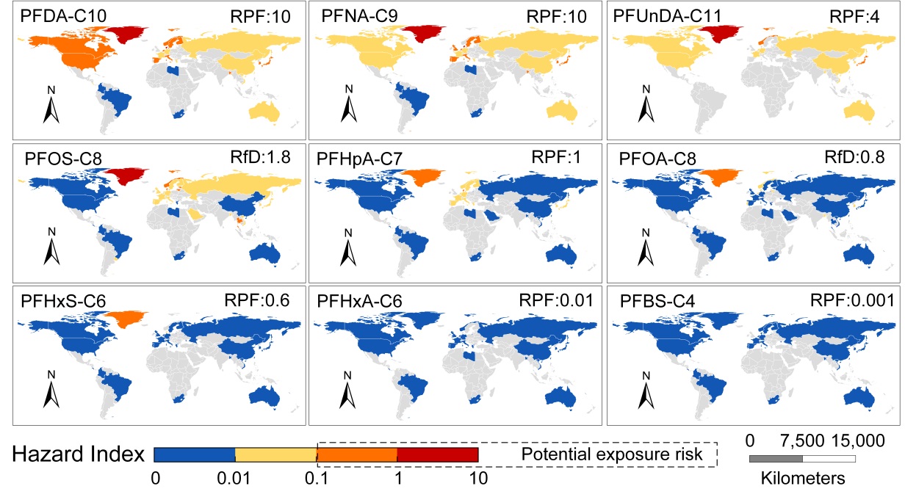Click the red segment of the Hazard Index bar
[437, 455]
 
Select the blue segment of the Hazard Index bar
[194, 455]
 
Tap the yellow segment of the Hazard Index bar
[275, 455]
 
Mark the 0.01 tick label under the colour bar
[234, 480]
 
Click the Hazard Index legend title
[78, 455]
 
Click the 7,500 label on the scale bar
[801, 442]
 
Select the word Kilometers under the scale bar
[802, 479]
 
